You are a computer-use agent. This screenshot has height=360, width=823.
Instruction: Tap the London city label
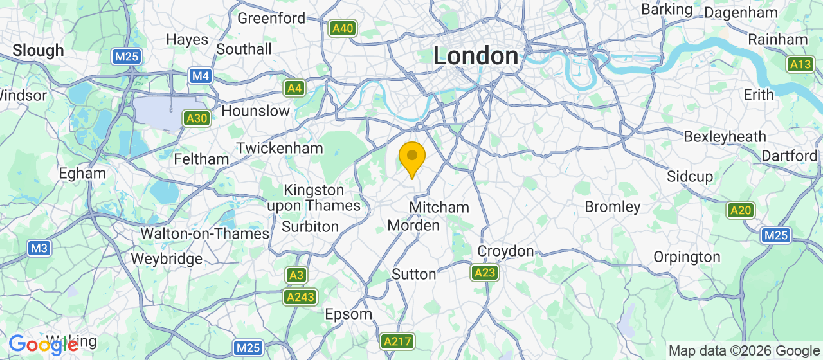point(476,56)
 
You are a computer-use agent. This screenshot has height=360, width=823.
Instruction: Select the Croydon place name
point(505,251)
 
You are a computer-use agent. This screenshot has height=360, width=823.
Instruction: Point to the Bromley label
point(612,207)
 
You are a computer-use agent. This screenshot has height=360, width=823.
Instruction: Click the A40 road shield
point(343,28)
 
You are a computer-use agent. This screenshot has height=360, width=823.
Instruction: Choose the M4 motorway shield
point(201,76)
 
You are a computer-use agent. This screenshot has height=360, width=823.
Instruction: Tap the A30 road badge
point(196,118)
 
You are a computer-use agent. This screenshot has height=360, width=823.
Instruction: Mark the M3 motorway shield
point(39,248)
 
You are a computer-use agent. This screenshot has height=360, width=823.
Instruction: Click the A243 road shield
point(300,296)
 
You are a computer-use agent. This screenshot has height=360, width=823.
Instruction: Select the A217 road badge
point(397,341)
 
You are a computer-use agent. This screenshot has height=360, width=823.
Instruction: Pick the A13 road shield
point(801,64)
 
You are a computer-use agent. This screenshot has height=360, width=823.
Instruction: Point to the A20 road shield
point(741,210)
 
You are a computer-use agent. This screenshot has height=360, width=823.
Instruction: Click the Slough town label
point(39,50)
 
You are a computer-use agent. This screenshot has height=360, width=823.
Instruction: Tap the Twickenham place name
point(280,148)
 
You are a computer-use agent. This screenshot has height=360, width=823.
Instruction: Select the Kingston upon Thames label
point(314,198)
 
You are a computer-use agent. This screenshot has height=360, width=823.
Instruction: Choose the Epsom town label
point(348,314)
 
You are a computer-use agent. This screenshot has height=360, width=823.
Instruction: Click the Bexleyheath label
point(725,136)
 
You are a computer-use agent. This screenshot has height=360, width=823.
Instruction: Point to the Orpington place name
point(687,257)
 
